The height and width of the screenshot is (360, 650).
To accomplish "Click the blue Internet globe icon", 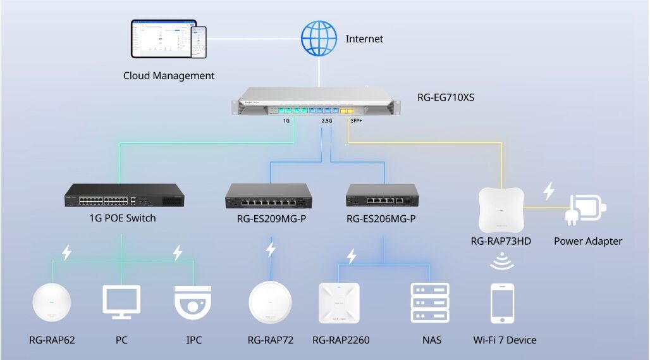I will tap(318, 38).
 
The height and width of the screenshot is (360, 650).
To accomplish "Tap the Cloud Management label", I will tap(169, 76).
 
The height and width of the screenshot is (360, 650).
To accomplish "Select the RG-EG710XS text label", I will tap(446, 97).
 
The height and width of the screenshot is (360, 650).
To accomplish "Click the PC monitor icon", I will tap(121, 303).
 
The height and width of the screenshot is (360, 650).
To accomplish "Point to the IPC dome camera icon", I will tap(193, 302).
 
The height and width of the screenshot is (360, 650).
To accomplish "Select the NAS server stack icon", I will tap(430, 303).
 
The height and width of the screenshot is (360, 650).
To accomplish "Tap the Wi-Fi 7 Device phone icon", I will tap(503, 303).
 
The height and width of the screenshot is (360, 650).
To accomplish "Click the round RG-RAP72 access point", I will tap(271, 303).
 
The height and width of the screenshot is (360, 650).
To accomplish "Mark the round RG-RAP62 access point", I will tap(52, 304).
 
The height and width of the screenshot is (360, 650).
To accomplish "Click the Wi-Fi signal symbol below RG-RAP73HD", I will tap(503, 261).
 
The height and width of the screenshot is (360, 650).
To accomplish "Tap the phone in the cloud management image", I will tap(199, 42).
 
